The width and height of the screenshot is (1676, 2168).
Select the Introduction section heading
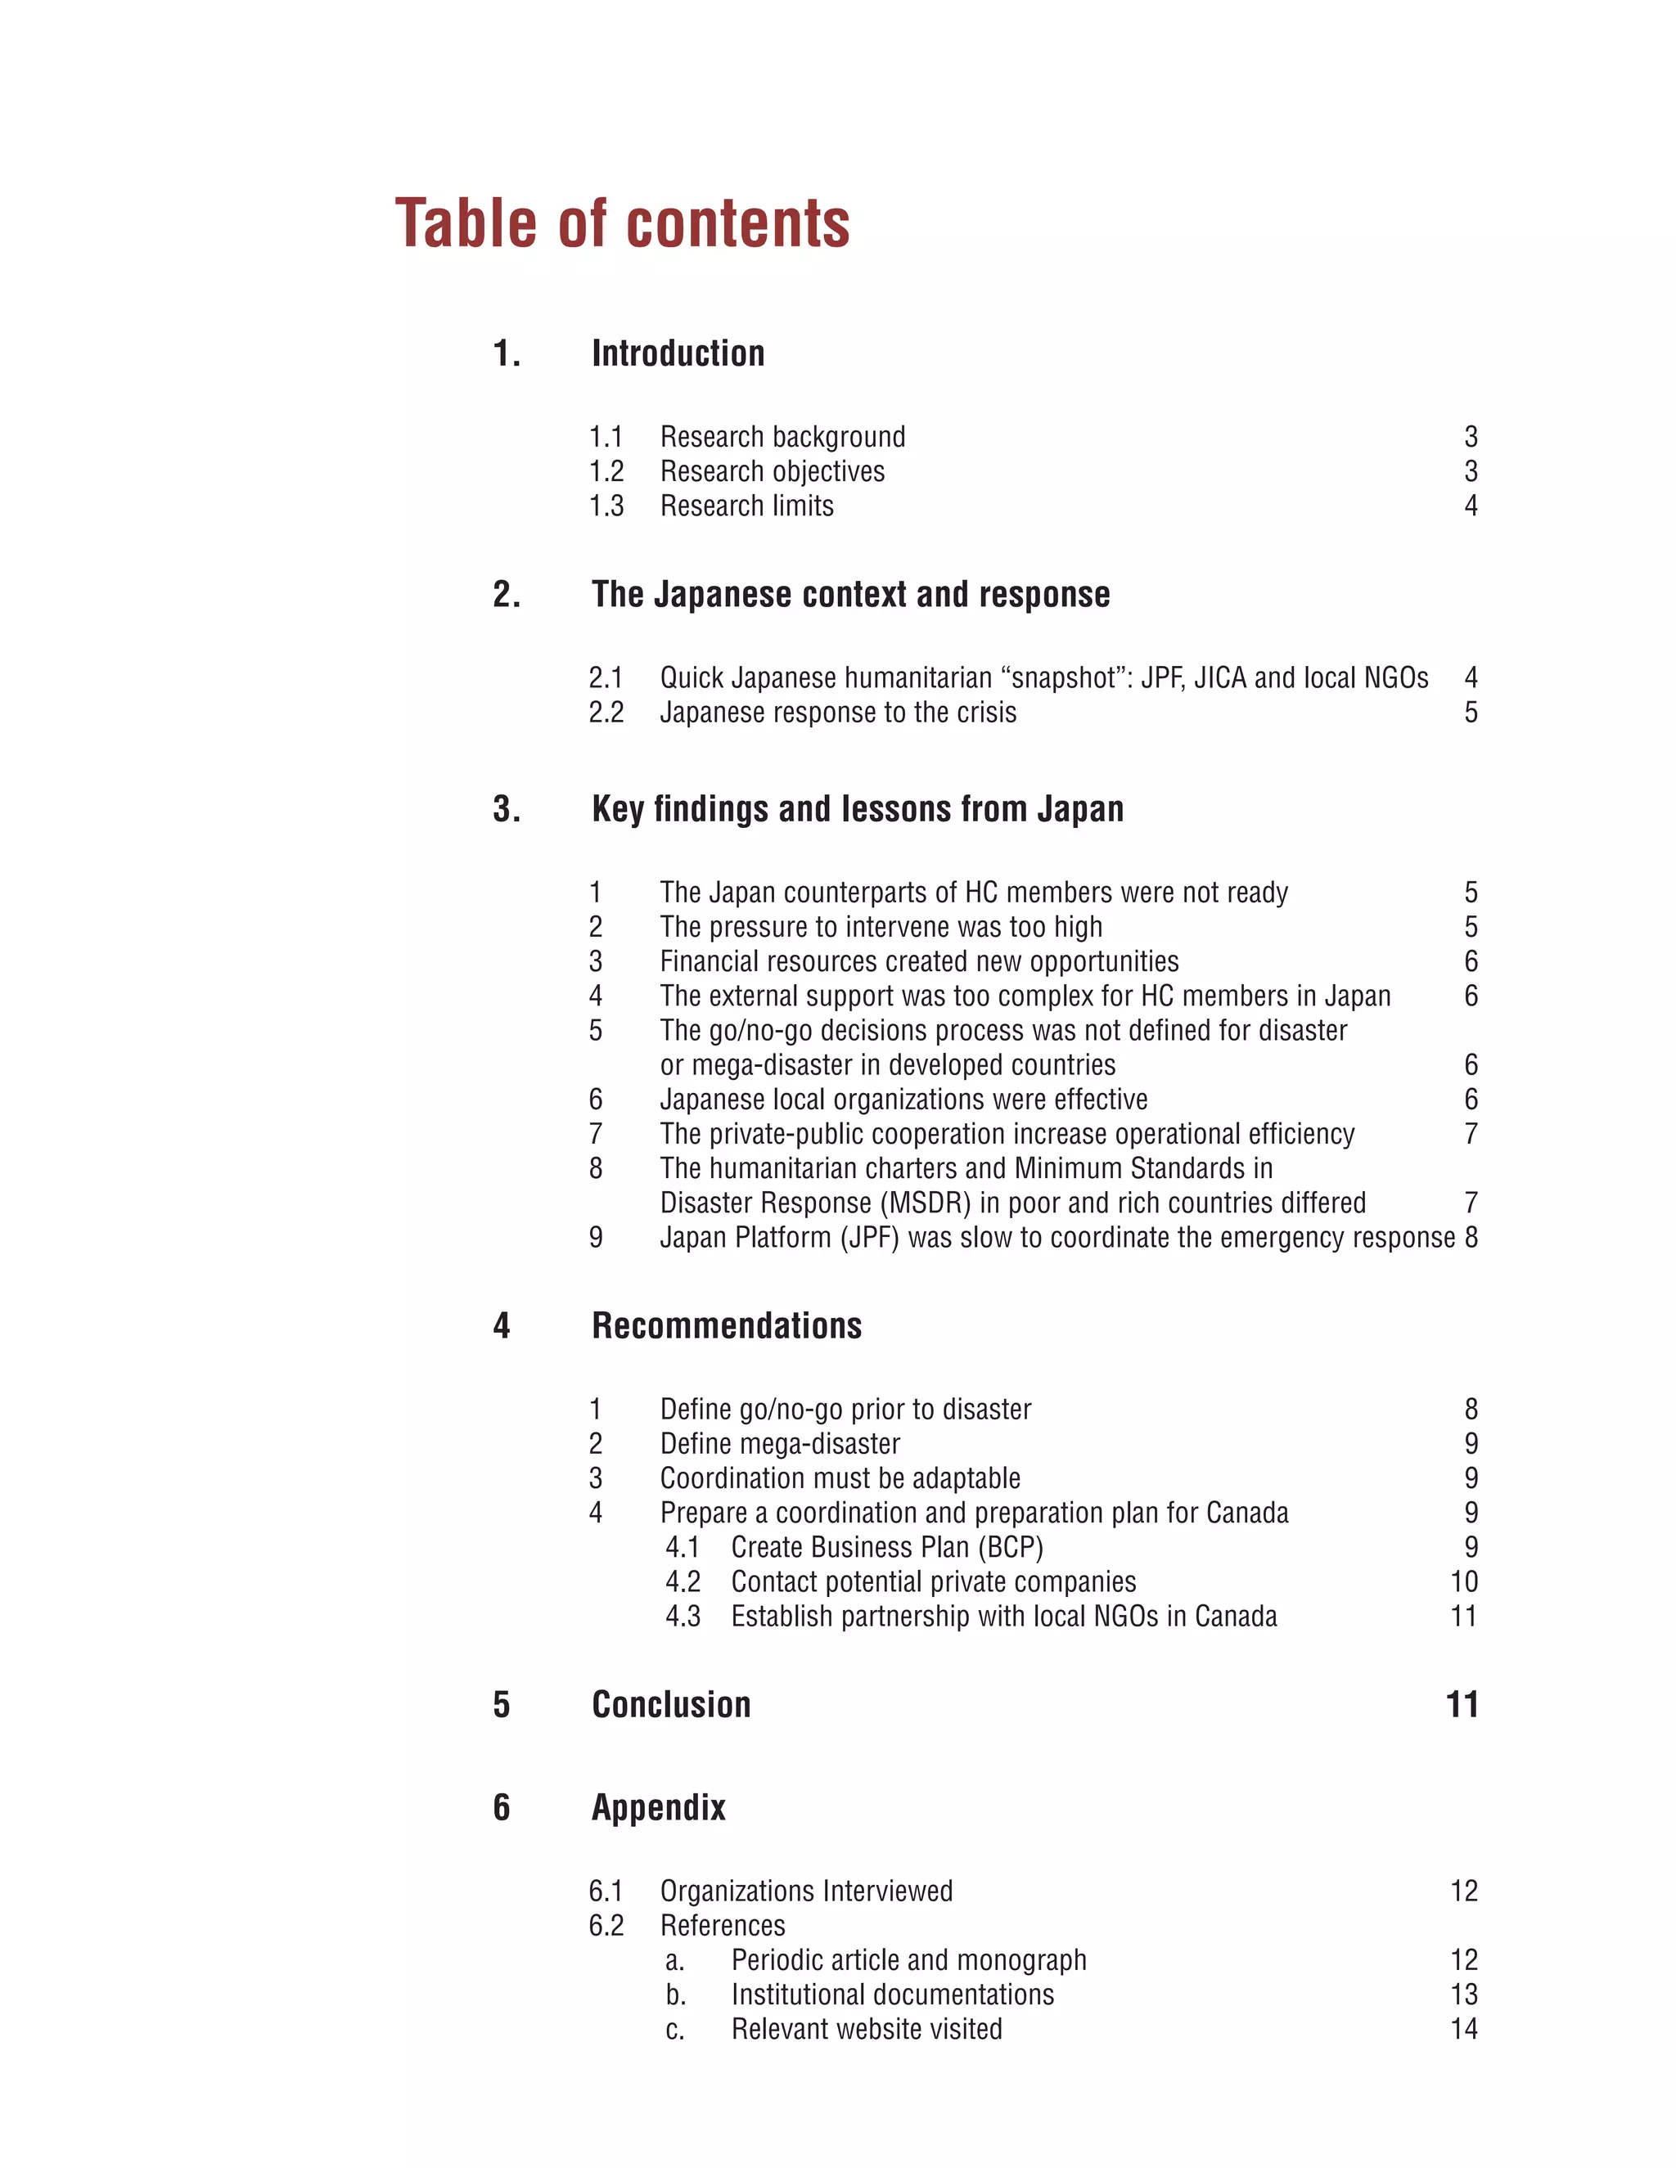678,353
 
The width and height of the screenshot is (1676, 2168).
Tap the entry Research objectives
773,471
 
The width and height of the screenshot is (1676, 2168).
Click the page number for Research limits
1471,506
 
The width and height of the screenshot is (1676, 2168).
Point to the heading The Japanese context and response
851,595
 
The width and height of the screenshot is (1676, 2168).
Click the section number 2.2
606,713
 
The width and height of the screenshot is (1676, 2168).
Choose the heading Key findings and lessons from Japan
858,809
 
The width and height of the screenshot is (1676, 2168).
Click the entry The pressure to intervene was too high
881,927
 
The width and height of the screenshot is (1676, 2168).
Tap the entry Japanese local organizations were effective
903,1100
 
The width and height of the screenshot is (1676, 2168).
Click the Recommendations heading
727,1326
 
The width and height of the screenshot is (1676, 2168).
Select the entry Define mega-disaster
781,1444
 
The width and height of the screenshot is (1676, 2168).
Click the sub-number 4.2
683,1582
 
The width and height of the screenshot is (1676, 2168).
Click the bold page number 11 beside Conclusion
1462,1706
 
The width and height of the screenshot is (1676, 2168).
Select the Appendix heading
658,1808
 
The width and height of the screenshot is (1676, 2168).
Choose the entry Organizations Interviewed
806,1892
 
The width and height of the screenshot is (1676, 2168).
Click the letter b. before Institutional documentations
675,1995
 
